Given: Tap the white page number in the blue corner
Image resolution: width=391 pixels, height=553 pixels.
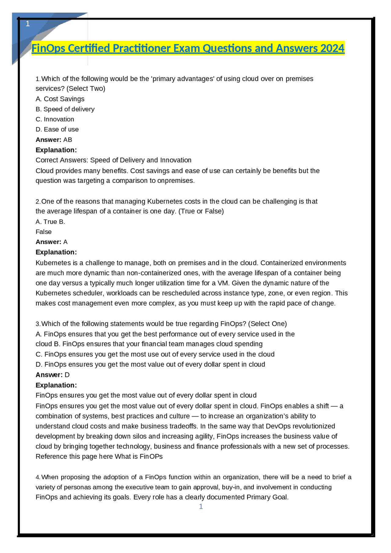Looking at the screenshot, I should pos(28,24).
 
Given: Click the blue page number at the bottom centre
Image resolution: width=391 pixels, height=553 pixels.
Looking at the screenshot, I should pos(201,506).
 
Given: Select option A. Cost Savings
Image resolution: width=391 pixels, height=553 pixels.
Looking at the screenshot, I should pos(60,99).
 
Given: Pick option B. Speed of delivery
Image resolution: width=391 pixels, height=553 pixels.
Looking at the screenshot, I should pos(65,109).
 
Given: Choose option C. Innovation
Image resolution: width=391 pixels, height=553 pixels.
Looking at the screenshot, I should pos(55,119).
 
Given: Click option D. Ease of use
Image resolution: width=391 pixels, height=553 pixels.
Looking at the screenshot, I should pos(57,129).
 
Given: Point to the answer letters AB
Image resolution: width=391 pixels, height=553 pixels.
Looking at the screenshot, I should pos(68,140).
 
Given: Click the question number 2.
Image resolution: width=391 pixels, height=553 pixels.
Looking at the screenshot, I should pos(38,202).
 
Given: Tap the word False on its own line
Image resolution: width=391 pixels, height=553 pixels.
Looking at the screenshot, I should pos(44,232).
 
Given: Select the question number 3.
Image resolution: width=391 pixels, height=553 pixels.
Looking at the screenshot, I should pos(38,324).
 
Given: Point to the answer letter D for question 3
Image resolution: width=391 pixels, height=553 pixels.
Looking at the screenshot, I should pos(67,375).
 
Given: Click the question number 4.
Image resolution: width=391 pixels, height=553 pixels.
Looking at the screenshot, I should pos(38,477).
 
